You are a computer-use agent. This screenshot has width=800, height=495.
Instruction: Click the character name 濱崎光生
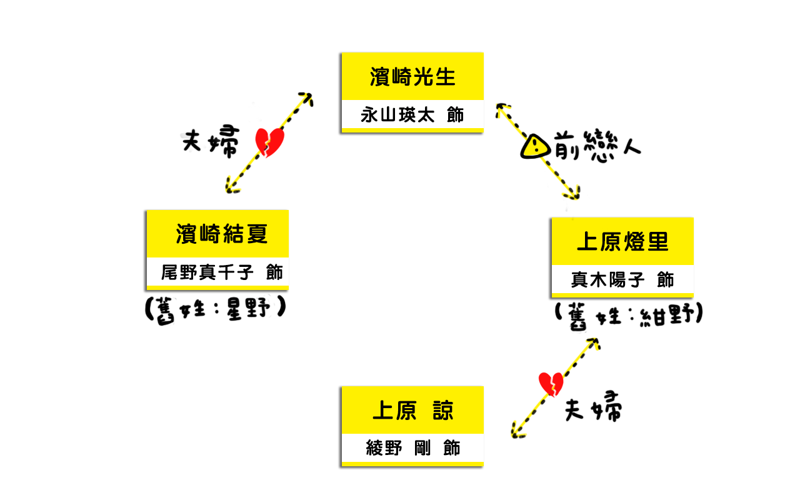(x=412, y=76)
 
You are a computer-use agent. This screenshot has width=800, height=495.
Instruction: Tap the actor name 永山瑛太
(x=397, y=115)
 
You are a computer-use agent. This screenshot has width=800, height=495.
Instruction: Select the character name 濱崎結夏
(x=222, y=234)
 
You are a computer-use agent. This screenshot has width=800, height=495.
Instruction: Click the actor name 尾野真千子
(x=207, y=272)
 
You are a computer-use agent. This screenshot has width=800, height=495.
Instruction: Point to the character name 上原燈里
(x=622, y=241)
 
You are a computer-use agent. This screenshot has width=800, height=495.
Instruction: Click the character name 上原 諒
(x=413, y=411)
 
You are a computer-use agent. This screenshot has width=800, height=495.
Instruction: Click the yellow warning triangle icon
(x=534, y=146)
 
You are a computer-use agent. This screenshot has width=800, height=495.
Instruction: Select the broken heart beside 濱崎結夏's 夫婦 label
(x=269, y=142)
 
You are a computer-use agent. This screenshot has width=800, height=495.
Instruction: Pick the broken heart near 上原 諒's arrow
(x=551, y=384)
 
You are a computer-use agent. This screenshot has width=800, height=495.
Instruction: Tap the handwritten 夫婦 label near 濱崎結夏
(x=211, y=141)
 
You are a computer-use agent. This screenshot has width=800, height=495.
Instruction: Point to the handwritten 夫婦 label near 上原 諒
(x=593, y=407)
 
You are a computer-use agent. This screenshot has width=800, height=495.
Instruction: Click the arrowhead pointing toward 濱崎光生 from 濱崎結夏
(x=307, y=98)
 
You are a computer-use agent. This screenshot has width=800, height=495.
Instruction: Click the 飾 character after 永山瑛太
(x=456, y=115)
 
